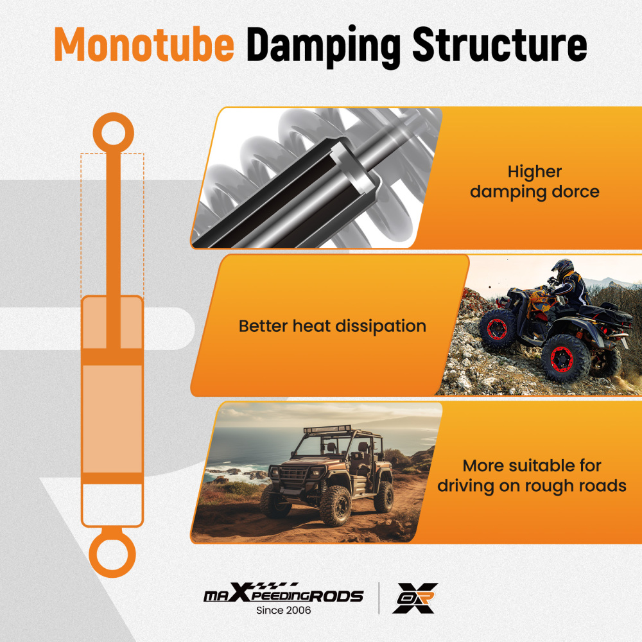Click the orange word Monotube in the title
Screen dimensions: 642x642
[x=144, y=44]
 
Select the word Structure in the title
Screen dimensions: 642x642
[x=500, y=45]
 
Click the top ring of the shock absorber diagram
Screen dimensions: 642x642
[x=114, y=133]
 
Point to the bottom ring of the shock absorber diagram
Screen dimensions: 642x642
[x=112, y=555]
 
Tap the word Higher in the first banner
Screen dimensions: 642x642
[x=535, y=172]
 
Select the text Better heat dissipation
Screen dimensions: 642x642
[x=333, y=326]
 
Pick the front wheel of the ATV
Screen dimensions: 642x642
[x=498, y=328]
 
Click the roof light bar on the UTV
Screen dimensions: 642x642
[x=327, y=429]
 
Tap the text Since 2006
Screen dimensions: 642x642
[x=283, y=611]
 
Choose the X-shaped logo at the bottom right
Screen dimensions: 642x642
[x=415, y=598]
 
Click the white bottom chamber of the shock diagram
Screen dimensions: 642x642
[x=112, y=503]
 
